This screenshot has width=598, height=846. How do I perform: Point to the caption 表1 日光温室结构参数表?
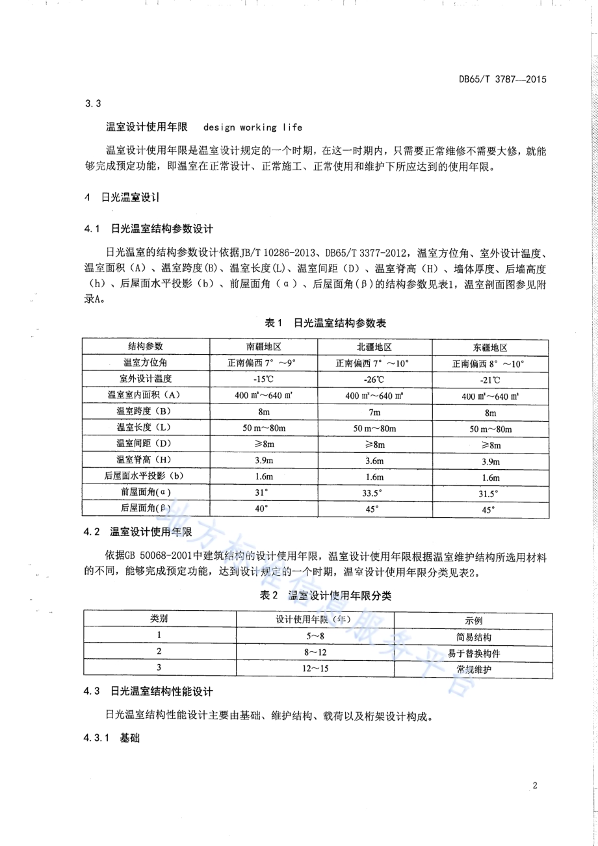click(317, 323)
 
